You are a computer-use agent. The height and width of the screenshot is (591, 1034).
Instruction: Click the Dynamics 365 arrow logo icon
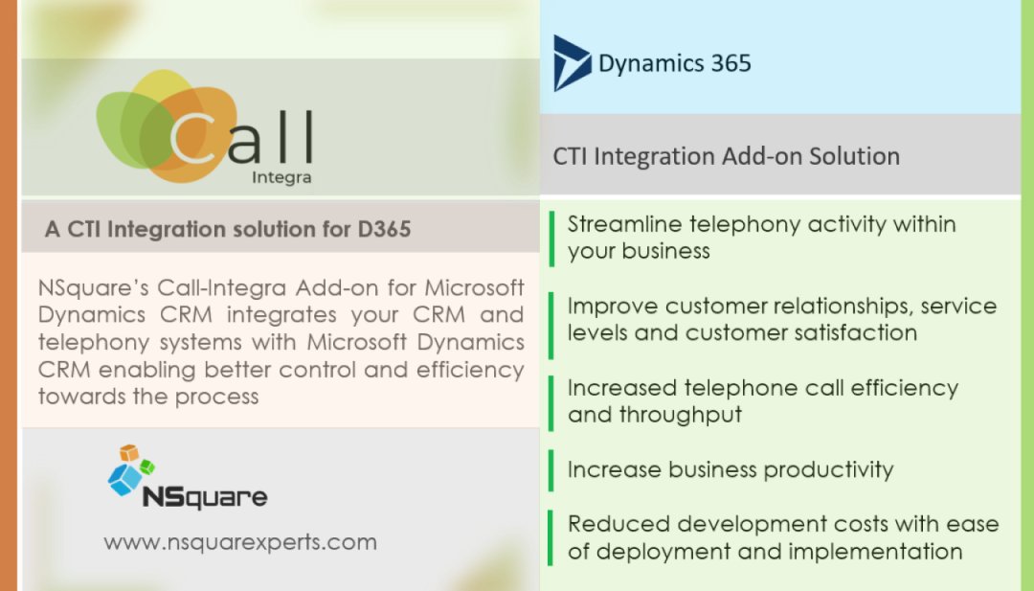pos(572,63)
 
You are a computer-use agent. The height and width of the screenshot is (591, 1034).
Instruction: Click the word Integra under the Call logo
pos(281,177)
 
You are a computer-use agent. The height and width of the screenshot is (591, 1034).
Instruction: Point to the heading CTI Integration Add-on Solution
pos(726,156)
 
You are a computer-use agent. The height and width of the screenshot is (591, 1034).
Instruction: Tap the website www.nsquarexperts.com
pos(239,542)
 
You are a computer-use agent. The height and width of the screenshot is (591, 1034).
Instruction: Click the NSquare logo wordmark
pos(204,497)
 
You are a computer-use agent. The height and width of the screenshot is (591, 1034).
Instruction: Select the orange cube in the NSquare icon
pos(129,453)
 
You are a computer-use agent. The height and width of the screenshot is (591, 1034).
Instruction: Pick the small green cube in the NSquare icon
pos(146,467)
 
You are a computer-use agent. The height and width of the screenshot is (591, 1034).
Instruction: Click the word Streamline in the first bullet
pos(623,224)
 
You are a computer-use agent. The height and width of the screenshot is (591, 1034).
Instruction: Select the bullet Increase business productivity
pos(730,470)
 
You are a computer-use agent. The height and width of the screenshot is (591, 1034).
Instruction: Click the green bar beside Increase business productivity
pos(551,470)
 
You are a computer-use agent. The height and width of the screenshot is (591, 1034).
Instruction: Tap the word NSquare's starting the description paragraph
pos(93,287)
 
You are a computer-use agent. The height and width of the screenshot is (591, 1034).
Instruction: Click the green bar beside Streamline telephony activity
pos(551,237)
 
